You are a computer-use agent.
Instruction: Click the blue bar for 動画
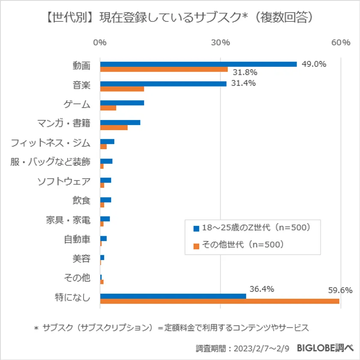point(198,64)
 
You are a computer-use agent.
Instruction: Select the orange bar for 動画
point(164,69)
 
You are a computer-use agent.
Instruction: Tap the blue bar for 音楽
point(163,84)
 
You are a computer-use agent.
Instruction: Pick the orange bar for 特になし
point(219,301)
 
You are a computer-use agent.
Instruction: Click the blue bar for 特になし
point(173,296)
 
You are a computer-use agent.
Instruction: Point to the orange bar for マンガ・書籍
point(114,127)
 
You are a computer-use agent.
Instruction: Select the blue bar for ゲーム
point(122,103)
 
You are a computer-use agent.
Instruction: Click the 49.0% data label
point(314,64)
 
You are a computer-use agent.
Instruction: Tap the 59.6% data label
point(340,290)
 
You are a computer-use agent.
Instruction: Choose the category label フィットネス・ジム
point(51,142)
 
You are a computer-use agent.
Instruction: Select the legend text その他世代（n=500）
point(243,245)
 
